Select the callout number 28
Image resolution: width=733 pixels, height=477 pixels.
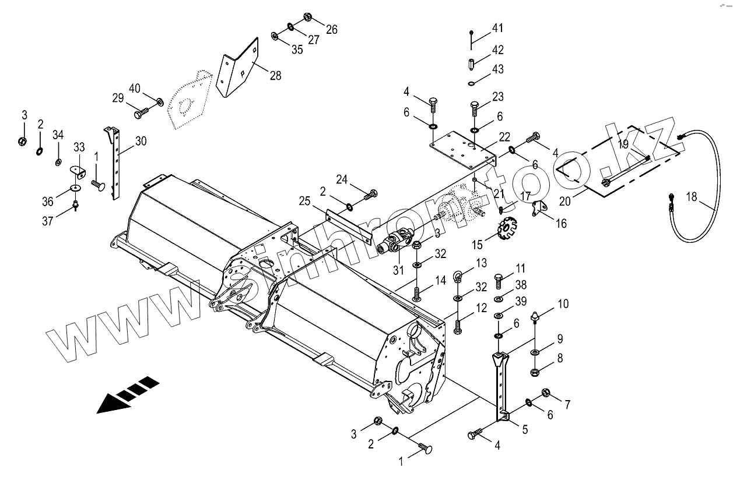pyautogui.click(x=275, y=75)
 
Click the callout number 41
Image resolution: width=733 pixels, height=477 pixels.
pyautogui.click(x=497, y=29)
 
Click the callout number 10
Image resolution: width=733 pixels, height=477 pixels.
pyautogui.click(x=563, y=303)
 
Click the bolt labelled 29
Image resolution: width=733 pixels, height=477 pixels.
pyautogui.click(x=141, y=112)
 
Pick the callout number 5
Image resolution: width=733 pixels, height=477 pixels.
pyautogui.click(x=524, y=430)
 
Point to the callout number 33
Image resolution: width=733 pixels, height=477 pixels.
pyautogui.click(x=79, y=147)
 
